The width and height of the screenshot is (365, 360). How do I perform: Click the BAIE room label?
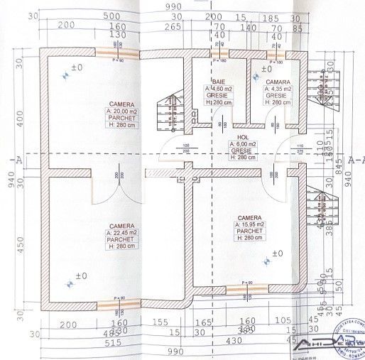pos(213,82)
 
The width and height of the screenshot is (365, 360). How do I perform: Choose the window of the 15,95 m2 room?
pos(247,288)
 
